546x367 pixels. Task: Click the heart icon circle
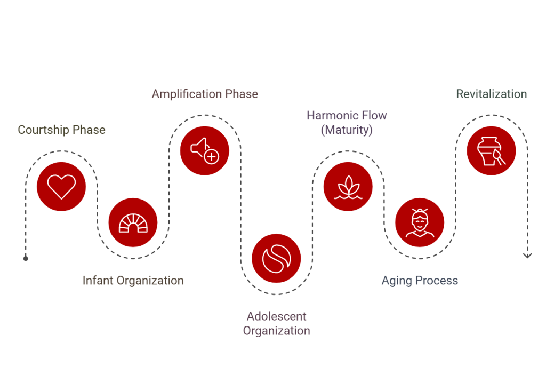(x=61, y=187)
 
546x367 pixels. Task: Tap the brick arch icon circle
(x=133, y=222)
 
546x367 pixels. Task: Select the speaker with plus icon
(x=205, y=150)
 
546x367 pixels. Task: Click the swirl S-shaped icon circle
(x=276, y=258)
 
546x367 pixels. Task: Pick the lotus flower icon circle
(x=348, y=187)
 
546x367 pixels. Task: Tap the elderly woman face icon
(x=420, y=222)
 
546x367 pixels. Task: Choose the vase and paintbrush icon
(x=491, y=150)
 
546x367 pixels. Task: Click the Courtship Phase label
(x=61, y=130)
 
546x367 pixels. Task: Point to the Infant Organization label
(x=133, y=281)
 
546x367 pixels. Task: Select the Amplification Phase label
(x=205, y=94)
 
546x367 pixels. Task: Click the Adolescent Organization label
(x=276, y=324)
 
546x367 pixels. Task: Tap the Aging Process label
(x=420, y=281)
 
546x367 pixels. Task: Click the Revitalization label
(x=491, y=94)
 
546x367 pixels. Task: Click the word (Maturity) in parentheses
(x=347, y=130)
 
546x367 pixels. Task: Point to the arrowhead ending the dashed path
(x=527, y=256)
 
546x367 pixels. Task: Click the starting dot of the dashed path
(x=26, y=258)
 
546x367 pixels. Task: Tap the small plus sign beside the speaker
(x=212, y=156)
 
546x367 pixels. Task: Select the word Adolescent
(x=276, y=316)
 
